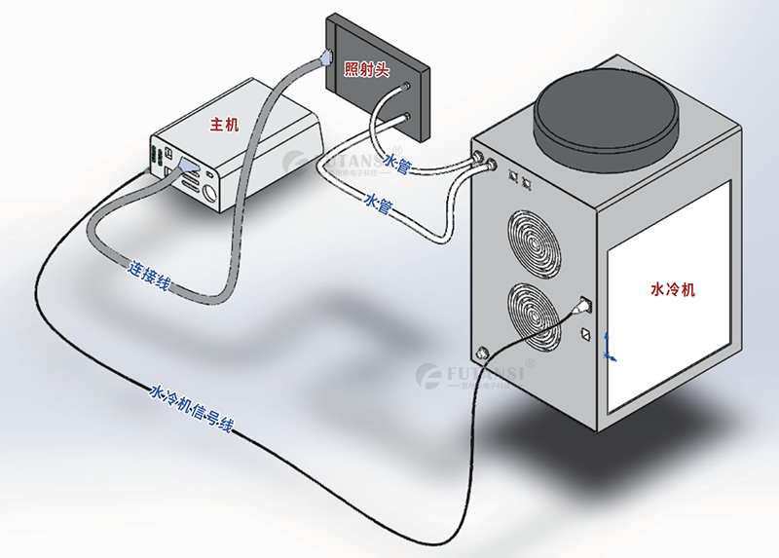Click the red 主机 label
click(224, 125)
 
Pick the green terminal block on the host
click(156, 157)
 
